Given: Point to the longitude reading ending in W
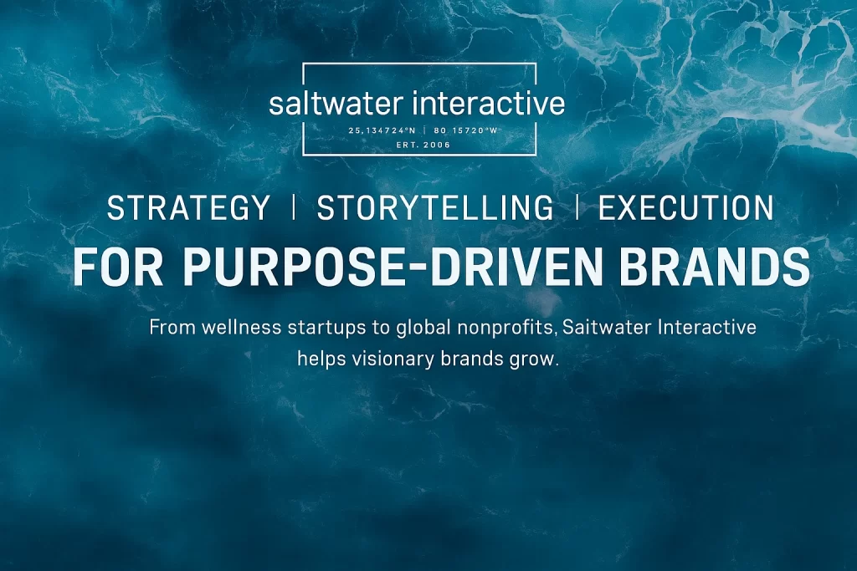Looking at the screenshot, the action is [466, 130].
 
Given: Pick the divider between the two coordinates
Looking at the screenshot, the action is [425, 130].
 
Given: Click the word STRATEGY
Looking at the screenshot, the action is [188, 208].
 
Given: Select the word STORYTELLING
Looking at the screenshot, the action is [435, 208].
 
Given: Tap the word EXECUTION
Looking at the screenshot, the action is [686, 208].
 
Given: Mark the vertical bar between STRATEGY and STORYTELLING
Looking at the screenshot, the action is [294, 207].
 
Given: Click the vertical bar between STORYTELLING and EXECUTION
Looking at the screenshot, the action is [577, 207].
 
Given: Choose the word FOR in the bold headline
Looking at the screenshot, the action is [118, 267].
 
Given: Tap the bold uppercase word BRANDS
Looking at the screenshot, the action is [715, 267].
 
